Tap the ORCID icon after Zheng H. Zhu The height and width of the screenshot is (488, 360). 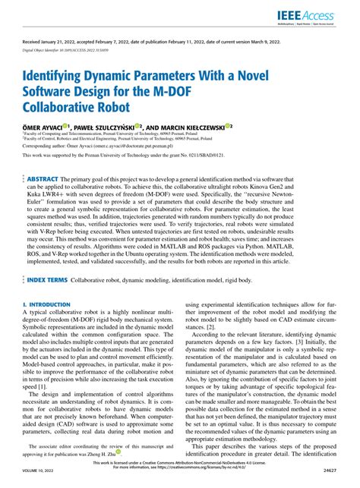tap(118, 452)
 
